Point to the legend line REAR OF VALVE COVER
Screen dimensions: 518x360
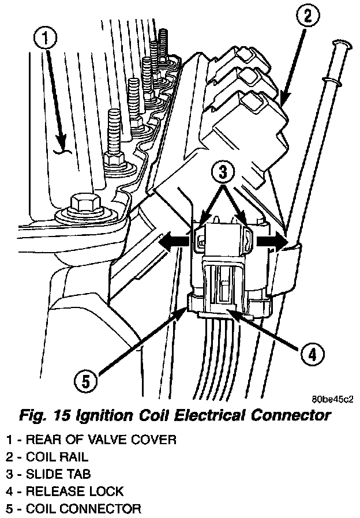(91, 440)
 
